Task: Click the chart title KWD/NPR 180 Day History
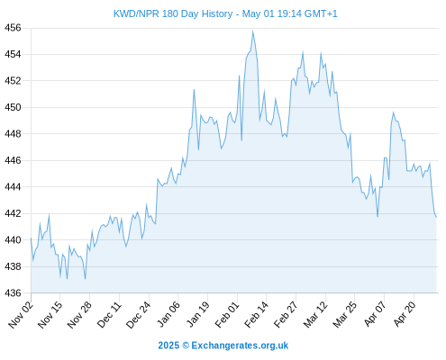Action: (x=173, y=13)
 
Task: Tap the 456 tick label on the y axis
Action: (x=13, y=28)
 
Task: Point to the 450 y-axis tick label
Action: (x=13, y=107)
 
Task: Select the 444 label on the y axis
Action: (x=13, y=187)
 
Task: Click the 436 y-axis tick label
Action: (x=13, y=292)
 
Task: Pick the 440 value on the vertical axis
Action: (x=13, y=240)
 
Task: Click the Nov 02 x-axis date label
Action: (x=21, y=314)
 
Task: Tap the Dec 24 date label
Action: (x=139, y=314)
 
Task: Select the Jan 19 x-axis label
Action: (x=197, y=314)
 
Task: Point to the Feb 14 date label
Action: (x=256, y=314)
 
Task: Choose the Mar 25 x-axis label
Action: (x=345, y=314)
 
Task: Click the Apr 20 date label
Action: (x=405, y=314)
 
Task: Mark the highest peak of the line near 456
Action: (x=252, y=31)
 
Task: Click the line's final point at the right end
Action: (x=436, y=217)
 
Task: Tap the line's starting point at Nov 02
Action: (x=31, y=238)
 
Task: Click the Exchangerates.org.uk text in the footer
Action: (x=240, y=346)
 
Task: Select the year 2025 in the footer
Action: (x=168, y=346)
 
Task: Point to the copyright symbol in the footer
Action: (x=186, y=346)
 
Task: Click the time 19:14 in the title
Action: (x=289, y=13)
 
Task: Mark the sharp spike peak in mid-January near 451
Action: (x=194, y=89)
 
